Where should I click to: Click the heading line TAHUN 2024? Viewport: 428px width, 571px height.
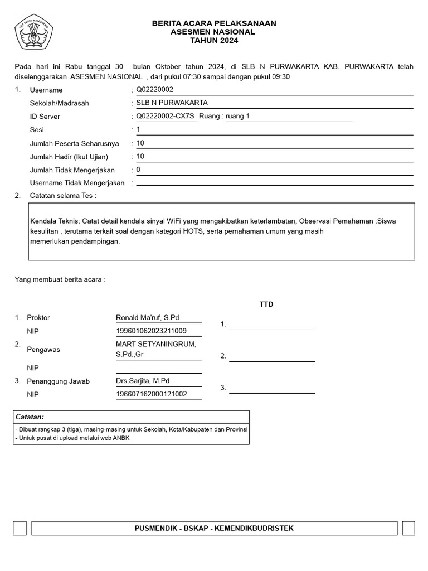click(x=214, y=41)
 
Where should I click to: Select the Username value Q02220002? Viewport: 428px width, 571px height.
click(x=155, y=90)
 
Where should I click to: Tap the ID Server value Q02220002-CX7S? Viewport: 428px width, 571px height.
click(x=166, y=117)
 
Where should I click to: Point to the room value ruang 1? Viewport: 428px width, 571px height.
click(x=238, y=117)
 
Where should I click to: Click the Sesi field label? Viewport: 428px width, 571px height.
click(x=36, y=130)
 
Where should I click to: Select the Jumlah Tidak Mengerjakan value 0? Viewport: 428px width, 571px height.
click(x=138, y=170)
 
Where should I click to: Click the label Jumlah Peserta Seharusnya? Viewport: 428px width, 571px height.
click(x=74, y=143)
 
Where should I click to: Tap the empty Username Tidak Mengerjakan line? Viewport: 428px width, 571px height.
click(x=274, y=183)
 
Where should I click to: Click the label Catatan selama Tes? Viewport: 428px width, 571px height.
click(x=62, y=196)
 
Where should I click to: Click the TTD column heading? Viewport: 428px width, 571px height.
click(x=266, y=304)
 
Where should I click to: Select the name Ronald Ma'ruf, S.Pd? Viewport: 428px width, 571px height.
click(x=147, y=318)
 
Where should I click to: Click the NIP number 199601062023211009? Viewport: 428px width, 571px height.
click(x=151, y=331)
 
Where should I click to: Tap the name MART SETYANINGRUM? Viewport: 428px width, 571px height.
click(x=155, y=344)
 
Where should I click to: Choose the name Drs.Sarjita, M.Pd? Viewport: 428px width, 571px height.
click(x=142, y=381)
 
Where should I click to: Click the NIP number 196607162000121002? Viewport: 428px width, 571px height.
click(x=151, y=394)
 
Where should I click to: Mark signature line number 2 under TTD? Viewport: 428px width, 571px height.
click(x=272, y=357)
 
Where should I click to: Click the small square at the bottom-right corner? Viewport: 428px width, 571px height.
click(x=408, y=528)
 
